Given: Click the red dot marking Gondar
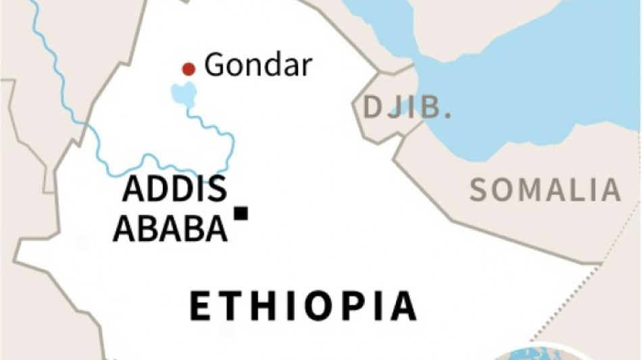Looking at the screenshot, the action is (189, 68).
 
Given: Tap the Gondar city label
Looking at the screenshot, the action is (258, 66).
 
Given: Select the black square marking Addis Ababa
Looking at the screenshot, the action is (241, 213).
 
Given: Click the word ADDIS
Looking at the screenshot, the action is (174, 191).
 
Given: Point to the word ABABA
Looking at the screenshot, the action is (170, 229).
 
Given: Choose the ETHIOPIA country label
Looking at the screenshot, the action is (303, 306).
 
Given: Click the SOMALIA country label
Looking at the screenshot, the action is (545, 190).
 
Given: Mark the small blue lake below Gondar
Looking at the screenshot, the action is (184, 93).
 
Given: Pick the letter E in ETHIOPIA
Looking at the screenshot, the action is (201, 306).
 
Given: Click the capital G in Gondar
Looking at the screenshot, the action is (215, 66).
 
